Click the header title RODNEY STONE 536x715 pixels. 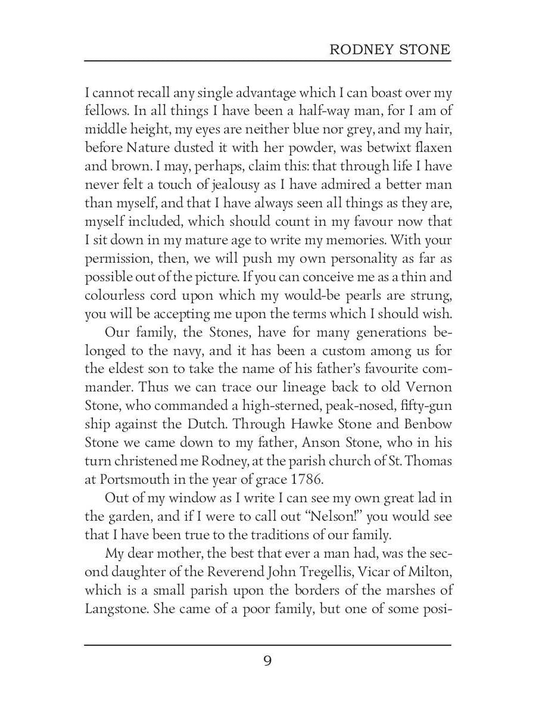[390, 49]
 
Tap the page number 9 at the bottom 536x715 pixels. [267, 660]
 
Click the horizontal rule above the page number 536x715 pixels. [267, 645]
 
